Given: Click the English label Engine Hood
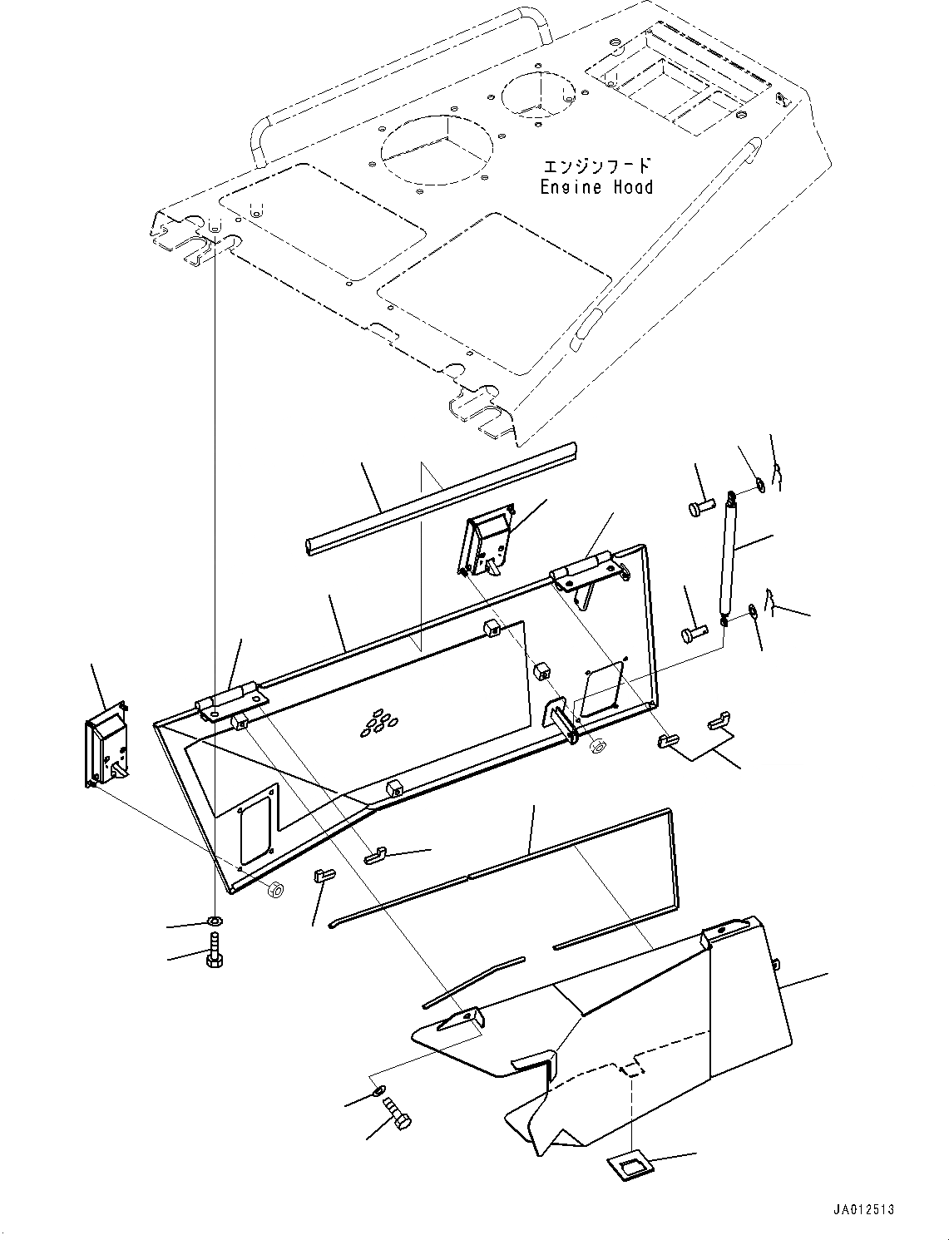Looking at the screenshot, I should click(x=596, y=187).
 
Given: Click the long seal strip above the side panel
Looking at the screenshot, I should click(x=441, y=499).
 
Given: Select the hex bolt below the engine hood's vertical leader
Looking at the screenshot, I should click(x=212, y=952).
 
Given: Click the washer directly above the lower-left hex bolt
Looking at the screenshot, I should click(x=214, y=921).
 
